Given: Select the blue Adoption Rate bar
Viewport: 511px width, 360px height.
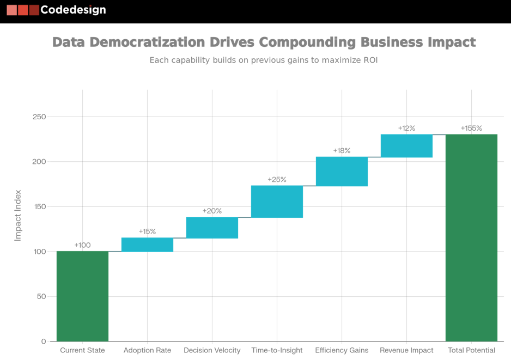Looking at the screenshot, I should tap(147, 245).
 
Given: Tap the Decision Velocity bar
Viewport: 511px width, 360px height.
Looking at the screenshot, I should tap(212, 228).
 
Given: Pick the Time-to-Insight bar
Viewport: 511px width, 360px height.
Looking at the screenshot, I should tap(277, 202).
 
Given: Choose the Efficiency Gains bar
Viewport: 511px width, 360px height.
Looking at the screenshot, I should tap(342, 172).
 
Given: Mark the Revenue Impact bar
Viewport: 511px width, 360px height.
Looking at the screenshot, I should tap(406, 146).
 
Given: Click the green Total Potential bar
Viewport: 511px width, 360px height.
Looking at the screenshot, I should tap(471, 237).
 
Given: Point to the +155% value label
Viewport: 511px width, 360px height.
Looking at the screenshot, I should tap(471, 129).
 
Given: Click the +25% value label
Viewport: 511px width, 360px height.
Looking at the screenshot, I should tap(277, 180).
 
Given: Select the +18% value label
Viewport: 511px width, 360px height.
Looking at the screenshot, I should tap(342, 151).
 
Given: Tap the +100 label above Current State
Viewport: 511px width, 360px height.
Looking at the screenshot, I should tap(82, 245).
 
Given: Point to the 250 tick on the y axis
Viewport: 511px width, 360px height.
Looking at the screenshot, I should tap(39, 117).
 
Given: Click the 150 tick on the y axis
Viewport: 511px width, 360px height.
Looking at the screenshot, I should tap(39, 207).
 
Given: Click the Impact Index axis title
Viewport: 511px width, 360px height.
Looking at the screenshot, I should tap(18, 215).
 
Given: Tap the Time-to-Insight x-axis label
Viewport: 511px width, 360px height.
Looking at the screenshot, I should tap(277, 350).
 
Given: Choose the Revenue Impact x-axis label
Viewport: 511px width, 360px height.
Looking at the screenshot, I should tap(406, 350).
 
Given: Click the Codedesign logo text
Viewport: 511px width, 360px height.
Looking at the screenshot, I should tap(73, 10).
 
